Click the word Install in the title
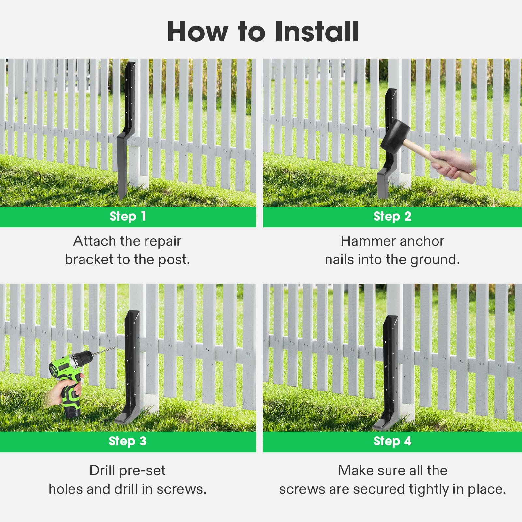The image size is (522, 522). pyautogui.click(x=316, y=32)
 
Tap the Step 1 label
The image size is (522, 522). pyautogui.click(x=128, y=216)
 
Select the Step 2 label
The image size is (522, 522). pyautogui.click(x=392, y=216)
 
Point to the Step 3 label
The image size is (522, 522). pyautogui.click(x=128, y=441)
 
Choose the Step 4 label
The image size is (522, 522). pyautogui.click(x=392, y=441)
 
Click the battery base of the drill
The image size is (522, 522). pyautogui.click(x=73, y=412)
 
